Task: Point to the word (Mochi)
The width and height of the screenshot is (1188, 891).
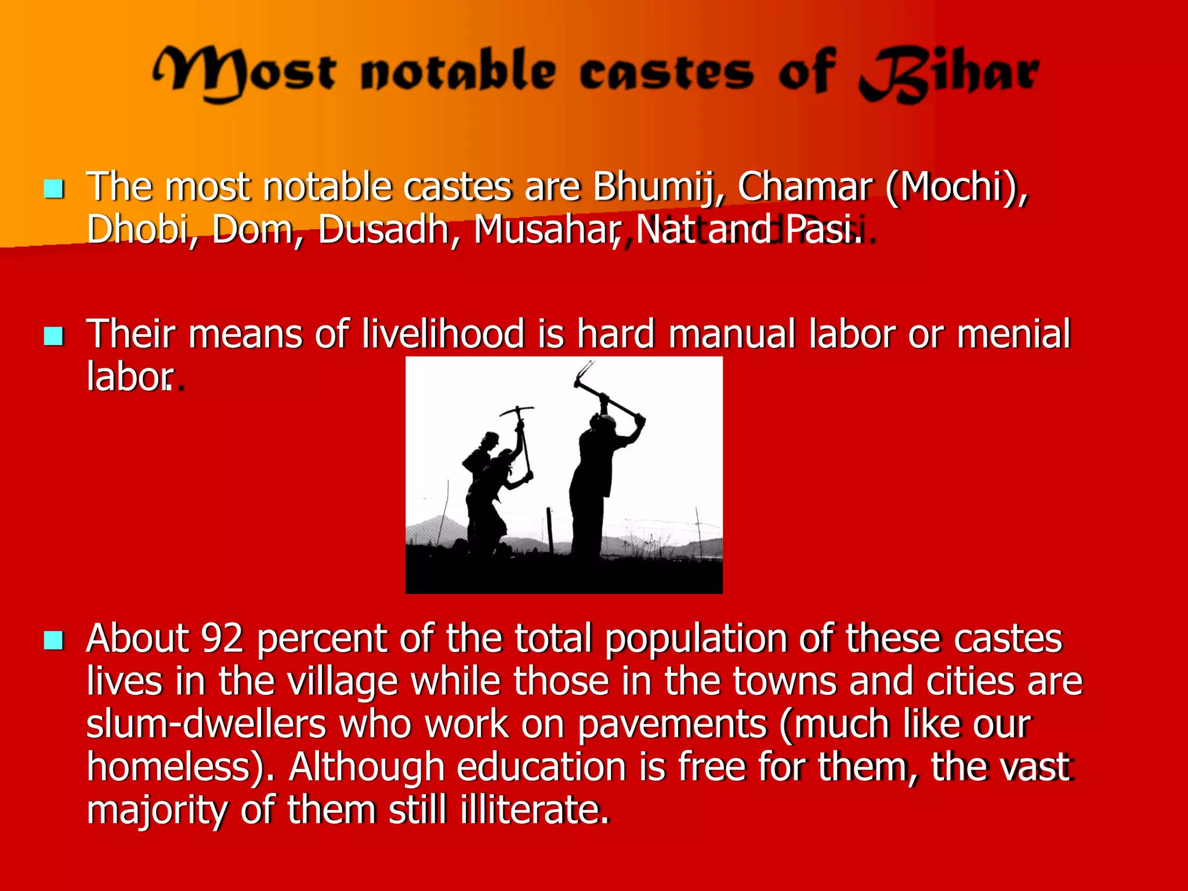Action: [957, 187]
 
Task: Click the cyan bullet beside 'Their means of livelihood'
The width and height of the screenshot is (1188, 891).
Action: [54, 335]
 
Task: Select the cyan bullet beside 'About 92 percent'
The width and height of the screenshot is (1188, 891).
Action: [54, 640]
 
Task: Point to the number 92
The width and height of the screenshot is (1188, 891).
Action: [222, 638]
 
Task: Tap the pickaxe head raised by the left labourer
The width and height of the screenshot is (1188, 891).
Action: [516, 411]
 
